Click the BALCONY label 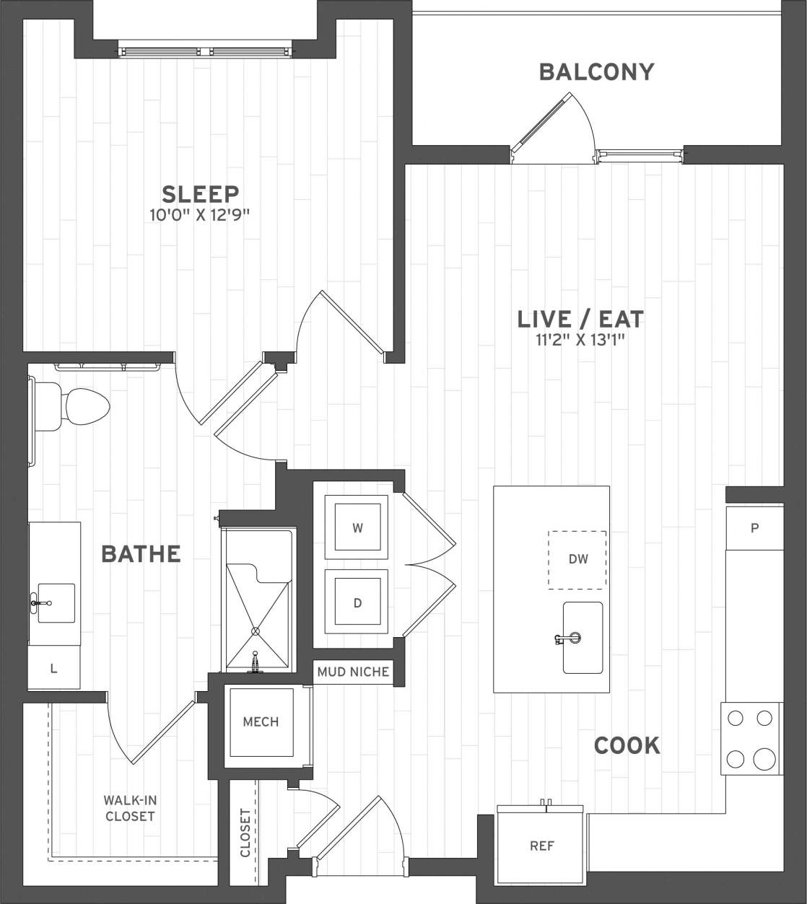click(x=596, y=72)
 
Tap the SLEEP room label click(x=200, y=194)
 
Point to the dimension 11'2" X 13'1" click(x=580, y=339)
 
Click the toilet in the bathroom click(x=73, y=407)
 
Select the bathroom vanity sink click(x=56, y=602)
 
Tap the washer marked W click(x=357, y=527)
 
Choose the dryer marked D click(x=357, y=602)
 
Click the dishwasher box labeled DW click(x=577, y=559)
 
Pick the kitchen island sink click(x=583, y=638)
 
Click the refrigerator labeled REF click(x=541, y=846)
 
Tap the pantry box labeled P click(x=754, y=527)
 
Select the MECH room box click(x=261, y=721)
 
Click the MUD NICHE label click(x=354, y=672)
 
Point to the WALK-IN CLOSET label click(x=129, y=808)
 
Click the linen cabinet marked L click(x=53, y=668)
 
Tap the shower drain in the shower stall click(x=255, y=631)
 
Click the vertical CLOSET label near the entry click(x=245, y=833)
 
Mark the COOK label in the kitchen click(x=627, y=745)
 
